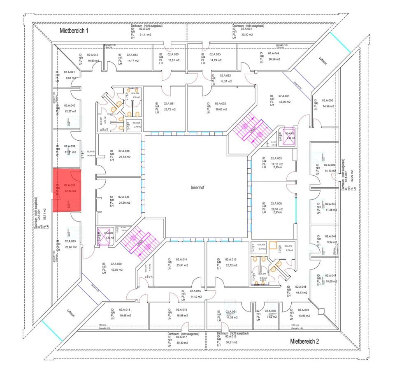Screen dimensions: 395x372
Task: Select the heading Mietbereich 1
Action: click(74, 30)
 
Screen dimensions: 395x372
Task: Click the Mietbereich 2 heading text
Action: click(304, 341)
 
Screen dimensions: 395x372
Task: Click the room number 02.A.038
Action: click(124, 151)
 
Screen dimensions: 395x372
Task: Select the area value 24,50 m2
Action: click(124, 203)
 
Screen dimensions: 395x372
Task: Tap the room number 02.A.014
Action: click(182, 260)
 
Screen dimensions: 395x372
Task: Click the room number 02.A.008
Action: click(276, 204)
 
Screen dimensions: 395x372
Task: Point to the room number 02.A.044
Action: click(274, 54)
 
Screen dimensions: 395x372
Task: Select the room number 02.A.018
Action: click(125, 310)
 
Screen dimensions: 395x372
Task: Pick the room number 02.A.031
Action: click(169, 104)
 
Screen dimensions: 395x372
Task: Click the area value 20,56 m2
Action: click(274, 59)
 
